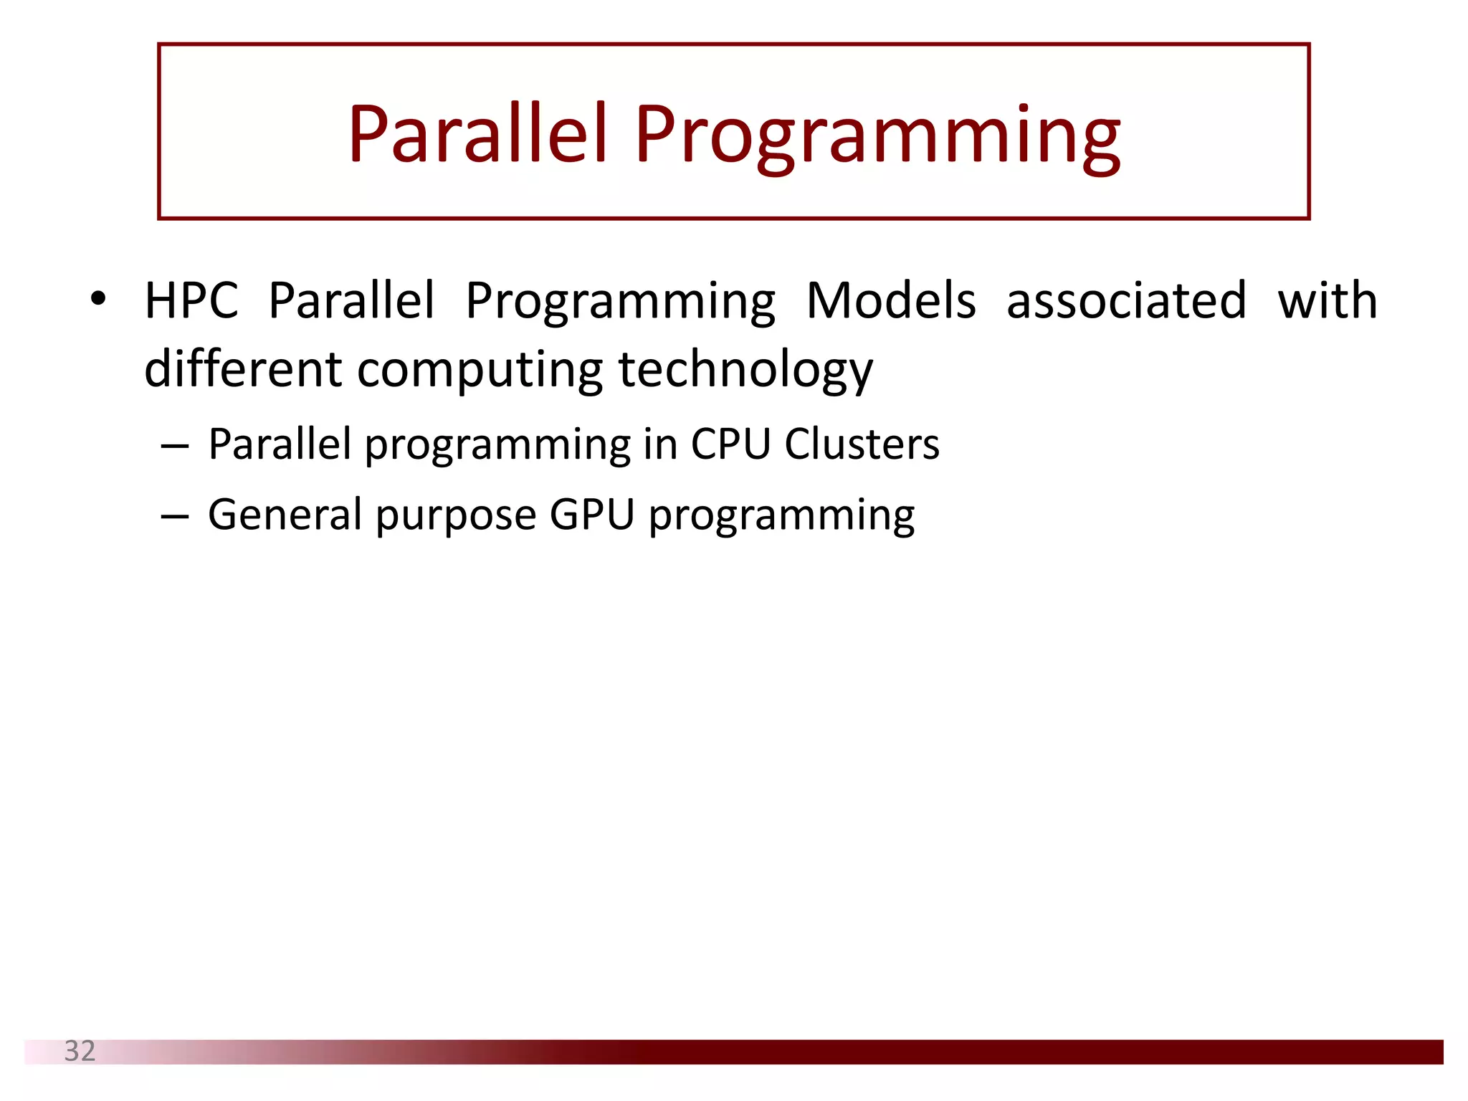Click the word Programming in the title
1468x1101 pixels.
(x=877, y=136)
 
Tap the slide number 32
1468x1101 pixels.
(x=80, y=1051)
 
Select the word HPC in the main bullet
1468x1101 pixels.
(x=191, y=300)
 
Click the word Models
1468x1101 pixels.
(x=890, y=300)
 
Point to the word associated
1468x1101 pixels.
(x=1126, y=300)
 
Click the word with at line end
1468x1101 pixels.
(x=1328, y=300)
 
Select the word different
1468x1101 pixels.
(x=242, y=369)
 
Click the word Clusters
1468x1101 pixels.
(x=862, y=444)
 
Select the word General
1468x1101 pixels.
(x=285, y=515)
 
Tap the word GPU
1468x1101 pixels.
(x=592, y=515)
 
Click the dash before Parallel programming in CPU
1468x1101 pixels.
(x=175, y=447)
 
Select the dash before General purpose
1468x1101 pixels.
(x=175, y=517)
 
